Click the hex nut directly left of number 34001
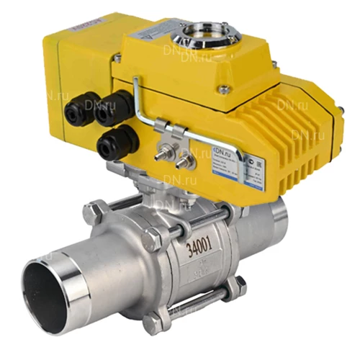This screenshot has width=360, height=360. [x=153, y=241]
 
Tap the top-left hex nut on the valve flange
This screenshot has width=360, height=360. [x=95, y=212]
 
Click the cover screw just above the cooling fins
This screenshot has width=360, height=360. [x=224, y=89]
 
